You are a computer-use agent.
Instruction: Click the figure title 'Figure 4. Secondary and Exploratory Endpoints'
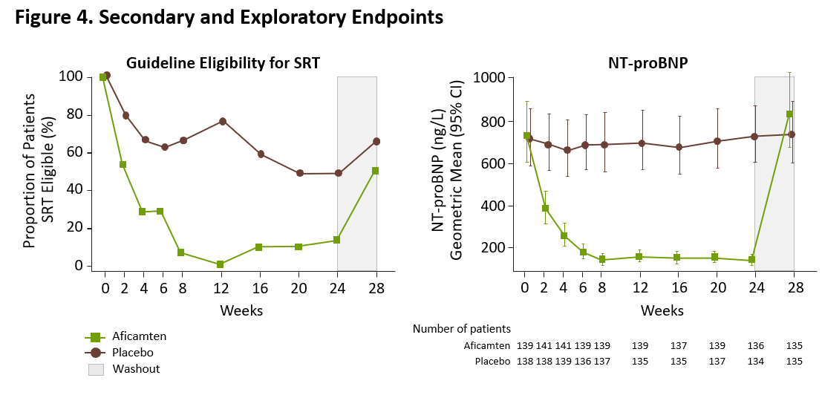click(229, 18)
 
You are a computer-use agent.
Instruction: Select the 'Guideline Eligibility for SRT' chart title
click(223, 63)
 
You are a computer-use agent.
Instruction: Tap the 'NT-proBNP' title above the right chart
click(637, 63)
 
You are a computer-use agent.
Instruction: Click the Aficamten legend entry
click(134, 336)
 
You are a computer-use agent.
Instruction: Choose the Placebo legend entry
click(128, 353)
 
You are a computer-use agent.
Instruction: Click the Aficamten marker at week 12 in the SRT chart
click(220, 264)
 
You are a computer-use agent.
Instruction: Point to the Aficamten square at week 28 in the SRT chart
click(376, 171)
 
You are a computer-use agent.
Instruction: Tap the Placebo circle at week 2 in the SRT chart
click(125, 115)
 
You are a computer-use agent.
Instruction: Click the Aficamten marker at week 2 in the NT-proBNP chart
click(545, 209)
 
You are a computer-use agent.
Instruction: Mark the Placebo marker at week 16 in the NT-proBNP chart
click(679, 147)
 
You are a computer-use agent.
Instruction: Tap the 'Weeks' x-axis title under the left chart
click(241, 310)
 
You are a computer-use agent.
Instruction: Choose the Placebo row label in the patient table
click(492, 362)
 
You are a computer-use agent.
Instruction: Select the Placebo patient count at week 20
click(717, 362)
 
